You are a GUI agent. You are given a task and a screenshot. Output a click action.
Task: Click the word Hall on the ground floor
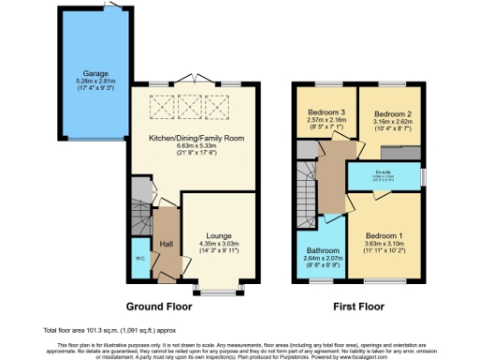coord(166,244)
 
